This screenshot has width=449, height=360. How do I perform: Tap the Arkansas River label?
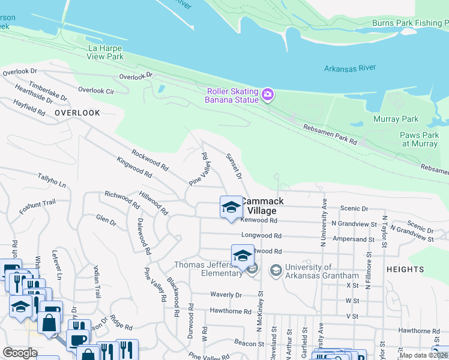coord(349,68)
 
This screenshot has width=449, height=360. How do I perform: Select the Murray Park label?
coord(396,119)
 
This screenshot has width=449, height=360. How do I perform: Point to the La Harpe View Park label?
coord(106,52)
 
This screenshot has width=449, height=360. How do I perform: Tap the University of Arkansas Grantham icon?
coord(276,271)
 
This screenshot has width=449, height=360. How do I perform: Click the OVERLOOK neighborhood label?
coord(77,113)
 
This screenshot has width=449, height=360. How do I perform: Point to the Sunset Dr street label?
coord(234,166)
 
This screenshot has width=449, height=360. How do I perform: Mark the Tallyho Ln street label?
coord(52,181)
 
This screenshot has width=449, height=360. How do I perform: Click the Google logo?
coord(20,353)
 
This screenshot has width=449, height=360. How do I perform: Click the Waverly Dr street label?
coord(226,295)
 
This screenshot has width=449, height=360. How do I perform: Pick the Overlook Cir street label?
coord(96,90)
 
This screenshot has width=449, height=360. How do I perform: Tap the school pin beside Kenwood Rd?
coord(231,208)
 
